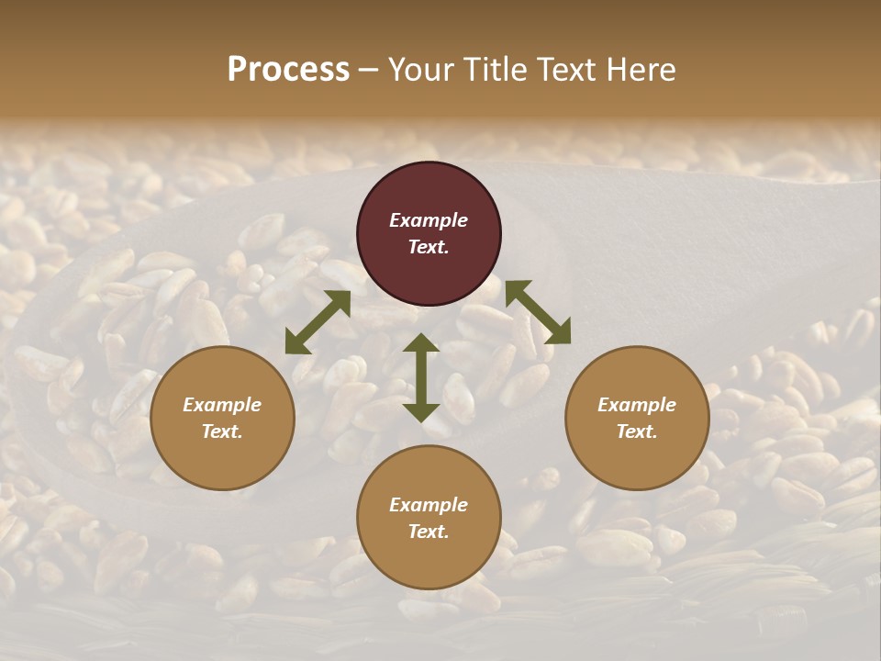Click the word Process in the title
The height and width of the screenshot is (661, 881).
tap(288, 70)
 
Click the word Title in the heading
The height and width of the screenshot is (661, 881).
tap(496, 70)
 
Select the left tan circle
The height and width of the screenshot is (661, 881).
tap(222, 418)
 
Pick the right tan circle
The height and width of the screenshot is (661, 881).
tap(637, 418)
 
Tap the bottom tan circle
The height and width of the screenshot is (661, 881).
tap(429, 518)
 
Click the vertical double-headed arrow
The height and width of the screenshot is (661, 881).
tap(421, 377)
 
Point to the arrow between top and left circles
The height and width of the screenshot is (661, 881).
tap(318, 322)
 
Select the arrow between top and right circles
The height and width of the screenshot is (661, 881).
tap(538, 312)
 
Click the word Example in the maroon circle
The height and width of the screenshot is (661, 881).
tap(429, 220)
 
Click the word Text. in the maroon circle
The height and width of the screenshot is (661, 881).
tap(429, 247)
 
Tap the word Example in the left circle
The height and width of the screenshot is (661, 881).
tap(222, 405)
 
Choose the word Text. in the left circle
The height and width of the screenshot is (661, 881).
tap(222, 431)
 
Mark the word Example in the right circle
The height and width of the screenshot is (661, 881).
tap(637, 405)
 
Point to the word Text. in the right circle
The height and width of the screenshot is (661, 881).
tap(637, 431)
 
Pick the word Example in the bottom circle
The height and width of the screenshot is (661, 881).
tap(429, 505)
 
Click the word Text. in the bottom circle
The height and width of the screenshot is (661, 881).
tap(429, 532)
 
